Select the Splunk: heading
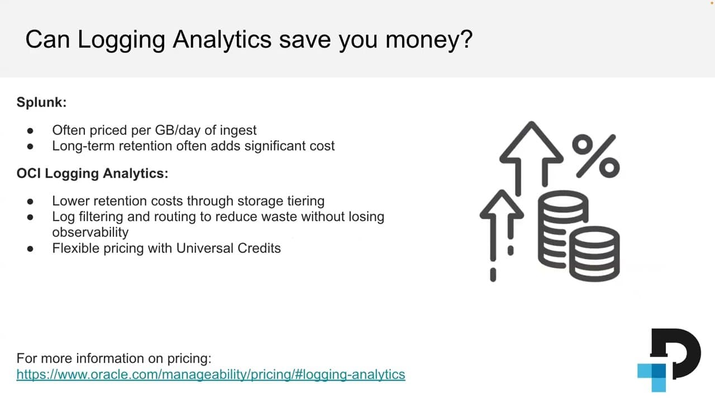tap(42, 102)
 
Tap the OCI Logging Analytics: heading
tap(92, 173)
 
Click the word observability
tap(90, 232)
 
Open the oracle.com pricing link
tap(211, 374)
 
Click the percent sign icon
tap(596, 156)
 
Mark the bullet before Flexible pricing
tap(31, 248)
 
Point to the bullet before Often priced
tap(31, 130)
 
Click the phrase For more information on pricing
tap(114, 358)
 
